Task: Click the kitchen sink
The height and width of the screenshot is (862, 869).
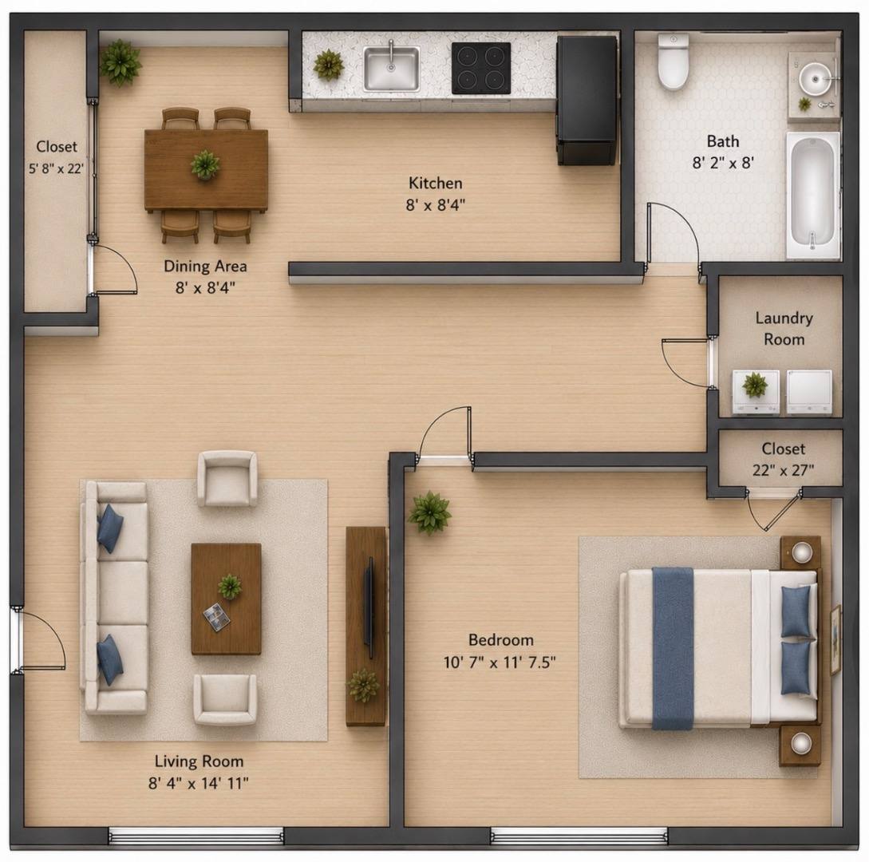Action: (391, 68)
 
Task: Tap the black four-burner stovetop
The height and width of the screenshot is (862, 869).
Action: (481, 68)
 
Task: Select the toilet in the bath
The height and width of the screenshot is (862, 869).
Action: (673, 61)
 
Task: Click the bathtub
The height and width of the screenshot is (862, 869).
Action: (813, 195)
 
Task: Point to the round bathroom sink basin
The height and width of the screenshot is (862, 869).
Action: (816, 79)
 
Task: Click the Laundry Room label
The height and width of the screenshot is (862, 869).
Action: (784, 329)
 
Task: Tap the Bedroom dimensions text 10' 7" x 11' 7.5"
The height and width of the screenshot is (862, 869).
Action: (500, 662)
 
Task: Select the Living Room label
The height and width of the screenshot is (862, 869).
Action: (199, 761)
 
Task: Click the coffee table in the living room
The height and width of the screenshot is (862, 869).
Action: (226, 599)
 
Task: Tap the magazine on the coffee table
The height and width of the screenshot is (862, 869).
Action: (216, 616)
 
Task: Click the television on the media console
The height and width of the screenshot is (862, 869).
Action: (368, 608)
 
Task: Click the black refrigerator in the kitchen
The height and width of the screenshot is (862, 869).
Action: (587, 101)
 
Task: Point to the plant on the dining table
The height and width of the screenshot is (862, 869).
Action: (205, 164)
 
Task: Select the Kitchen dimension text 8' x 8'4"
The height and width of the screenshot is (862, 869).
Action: (435, 205)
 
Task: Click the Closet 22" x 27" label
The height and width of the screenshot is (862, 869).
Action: (783, 459)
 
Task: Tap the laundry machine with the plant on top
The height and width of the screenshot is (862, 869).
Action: (756, 392)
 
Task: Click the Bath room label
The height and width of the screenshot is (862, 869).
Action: (723, 141)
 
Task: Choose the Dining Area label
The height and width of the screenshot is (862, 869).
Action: (205, 266)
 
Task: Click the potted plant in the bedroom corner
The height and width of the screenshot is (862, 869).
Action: (429, 512)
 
